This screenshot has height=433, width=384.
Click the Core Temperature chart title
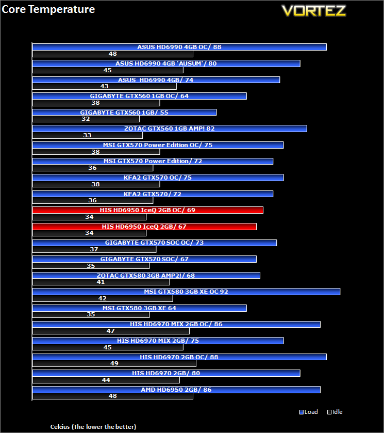(x=48, y=9)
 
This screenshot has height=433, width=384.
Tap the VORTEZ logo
(x=314, y=11)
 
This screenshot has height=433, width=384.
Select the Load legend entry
(x=308, y=412)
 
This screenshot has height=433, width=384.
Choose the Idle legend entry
(x=335, y=412)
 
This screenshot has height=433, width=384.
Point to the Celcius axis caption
(x=93, y=427)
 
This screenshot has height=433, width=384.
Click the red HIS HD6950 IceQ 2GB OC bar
(x=148, y=210)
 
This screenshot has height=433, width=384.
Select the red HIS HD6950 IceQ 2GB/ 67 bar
(x=144, y=227)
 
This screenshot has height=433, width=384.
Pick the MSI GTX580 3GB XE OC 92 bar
(x=186, y=292)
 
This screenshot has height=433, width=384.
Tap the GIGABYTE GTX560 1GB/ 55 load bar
(x=124, y=113)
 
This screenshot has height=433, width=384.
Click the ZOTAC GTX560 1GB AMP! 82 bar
(x=170, y=129)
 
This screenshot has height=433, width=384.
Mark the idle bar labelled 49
(x=114, y=363)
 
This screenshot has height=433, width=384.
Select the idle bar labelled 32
(x=86, y=119)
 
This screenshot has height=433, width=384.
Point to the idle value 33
(x=87, y=135)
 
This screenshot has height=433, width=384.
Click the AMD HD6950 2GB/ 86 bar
(x=176, y=390)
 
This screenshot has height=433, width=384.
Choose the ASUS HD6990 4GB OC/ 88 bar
(x=179, y=47)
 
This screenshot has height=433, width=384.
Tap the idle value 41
(x=101, y=282)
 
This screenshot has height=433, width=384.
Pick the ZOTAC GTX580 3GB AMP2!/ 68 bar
(x=146, y=275)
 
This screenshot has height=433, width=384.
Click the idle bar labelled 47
(x=111, y=331)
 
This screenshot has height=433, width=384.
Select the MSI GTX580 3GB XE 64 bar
(x=140, y=308)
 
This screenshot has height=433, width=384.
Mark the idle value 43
(x=104, y=86)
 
